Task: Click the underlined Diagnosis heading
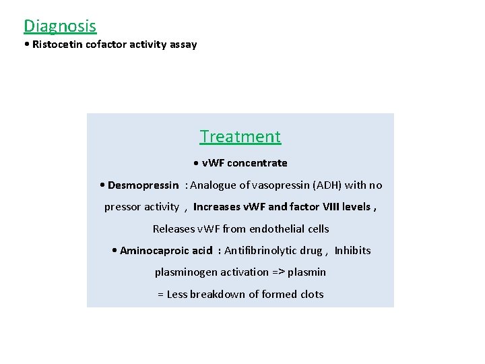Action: pos(60,26)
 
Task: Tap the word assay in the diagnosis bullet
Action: pos(183,44)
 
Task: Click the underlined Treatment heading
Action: pos(240,136)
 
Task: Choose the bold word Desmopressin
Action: pos(143,185)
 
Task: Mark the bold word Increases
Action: pos(216,207)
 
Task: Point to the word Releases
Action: pos(174,229)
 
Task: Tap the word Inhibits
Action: pos(352,251)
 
